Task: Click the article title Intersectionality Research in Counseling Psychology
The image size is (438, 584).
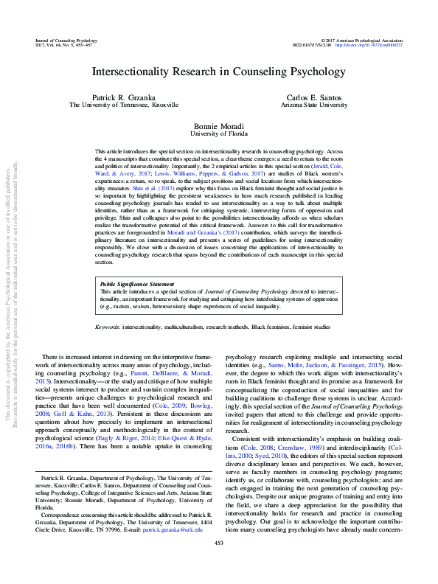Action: click(x=218, y=73)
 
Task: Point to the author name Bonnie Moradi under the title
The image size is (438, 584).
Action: click(x=218, y=125)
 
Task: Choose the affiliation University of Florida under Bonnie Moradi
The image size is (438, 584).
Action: click(x=218, y=133)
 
